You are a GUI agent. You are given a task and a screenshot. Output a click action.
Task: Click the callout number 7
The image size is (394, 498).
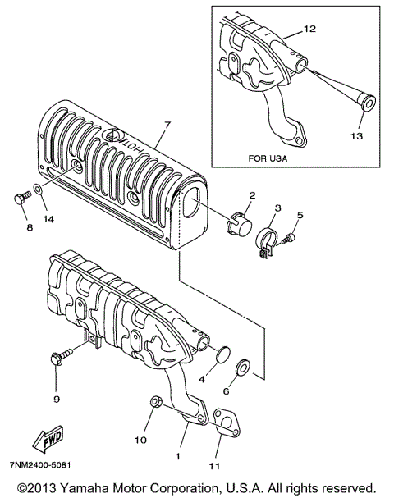click(x=167, y=125)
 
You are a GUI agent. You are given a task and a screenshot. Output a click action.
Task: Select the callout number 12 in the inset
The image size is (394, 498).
click(x=309, y=29)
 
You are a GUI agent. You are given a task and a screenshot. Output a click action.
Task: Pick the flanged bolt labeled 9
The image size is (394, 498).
click(x=61, y=356)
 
